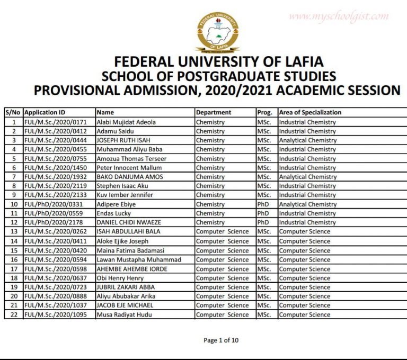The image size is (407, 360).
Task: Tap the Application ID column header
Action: (45, 113)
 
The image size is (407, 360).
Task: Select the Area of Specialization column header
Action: (310, 113)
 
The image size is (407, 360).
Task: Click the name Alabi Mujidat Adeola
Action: (126, 122)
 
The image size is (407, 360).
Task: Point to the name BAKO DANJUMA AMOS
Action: (129, 177)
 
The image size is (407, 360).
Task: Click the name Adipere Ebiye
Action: (116, 204)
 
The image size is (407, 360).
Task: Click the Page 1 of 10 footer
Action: (221, 340)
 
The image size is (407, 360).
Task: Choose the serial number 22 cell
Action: (14, 314)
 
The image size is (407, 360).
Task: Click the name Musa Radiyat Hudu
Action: (122, 314)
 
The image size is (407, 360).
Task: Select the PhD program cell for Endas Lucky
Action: (263, 213)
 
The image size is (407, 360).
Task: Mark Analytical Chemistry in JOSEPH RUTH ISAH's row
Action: (307, 140)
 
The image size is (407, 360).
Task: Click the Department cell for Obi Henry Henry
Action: (222, 278)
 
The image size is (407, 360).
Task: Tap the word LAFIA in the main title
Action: (296, 60)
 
